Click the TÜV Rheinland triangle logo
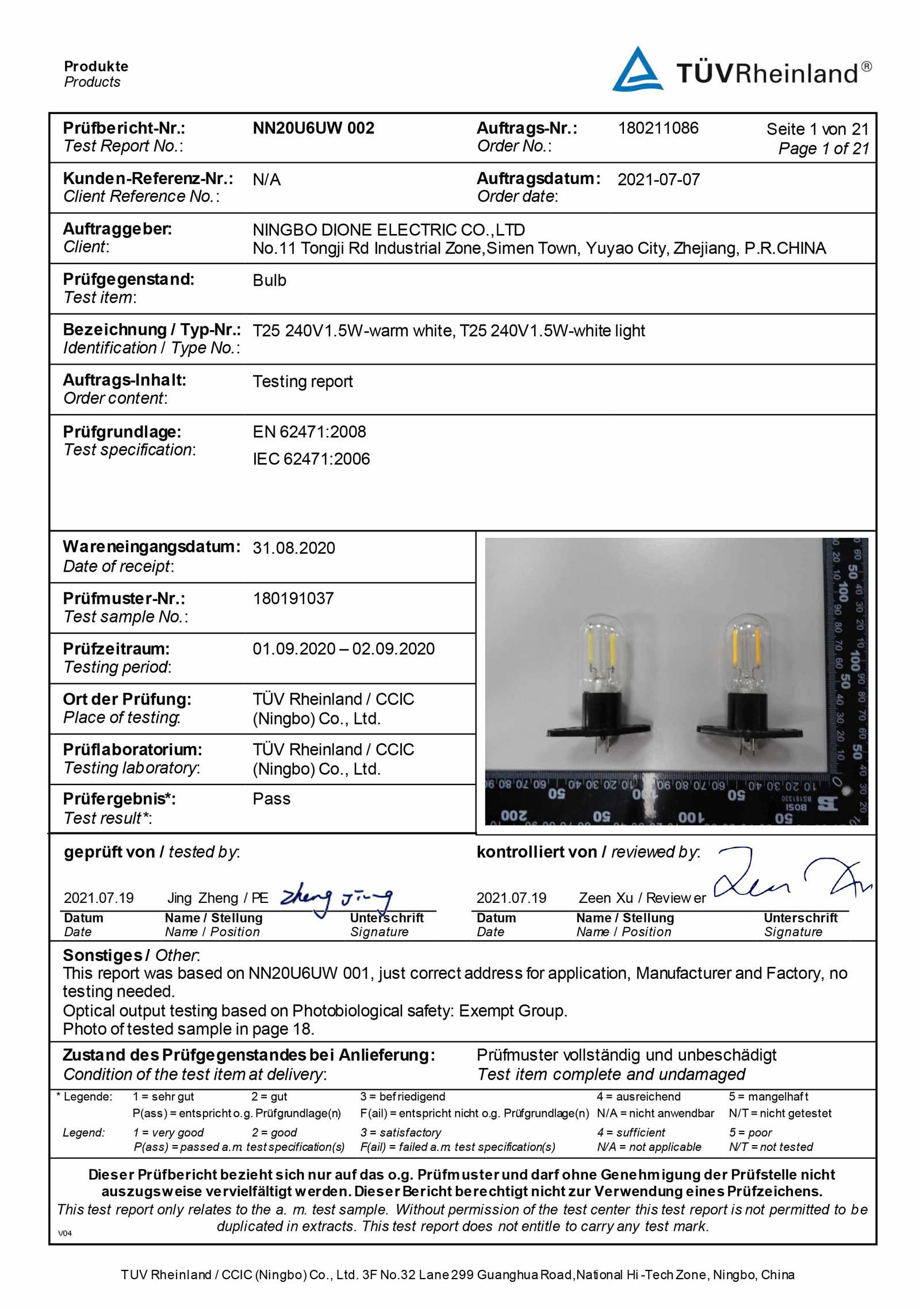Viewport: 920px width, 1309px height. point(637,70)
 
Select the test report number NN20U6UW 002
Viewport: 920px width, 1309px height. point(313,128)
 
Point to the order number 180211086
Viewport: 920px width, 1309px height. point(658,128)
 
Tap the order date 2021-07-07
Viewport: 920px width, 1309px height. point(658,179)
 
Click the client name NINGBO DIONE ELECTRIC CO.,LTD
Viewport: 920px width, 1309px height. point(389,230)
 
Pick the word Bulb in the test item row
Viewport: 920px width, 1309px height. point(269,281)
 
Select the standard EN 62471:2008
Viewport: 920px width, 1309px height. point(309,432)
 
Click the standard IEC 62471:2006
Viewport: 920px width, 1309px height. point(311,459)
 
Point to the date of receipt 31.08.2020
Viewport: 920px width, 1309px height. point(294,548)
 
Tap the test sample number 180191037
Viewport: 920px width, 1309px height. point(293,598)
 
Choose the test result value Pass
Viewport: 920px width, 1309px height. point(271,799)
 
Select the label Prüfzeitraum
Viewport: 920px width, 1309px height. point(116,649)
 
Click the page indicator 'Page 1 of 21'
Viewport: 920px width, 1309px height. point(823,148)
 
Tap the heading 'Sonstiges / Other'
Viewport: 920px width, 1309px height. point(131,955)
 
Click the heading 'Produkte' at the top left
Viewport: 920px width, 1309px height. point(96,66)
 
